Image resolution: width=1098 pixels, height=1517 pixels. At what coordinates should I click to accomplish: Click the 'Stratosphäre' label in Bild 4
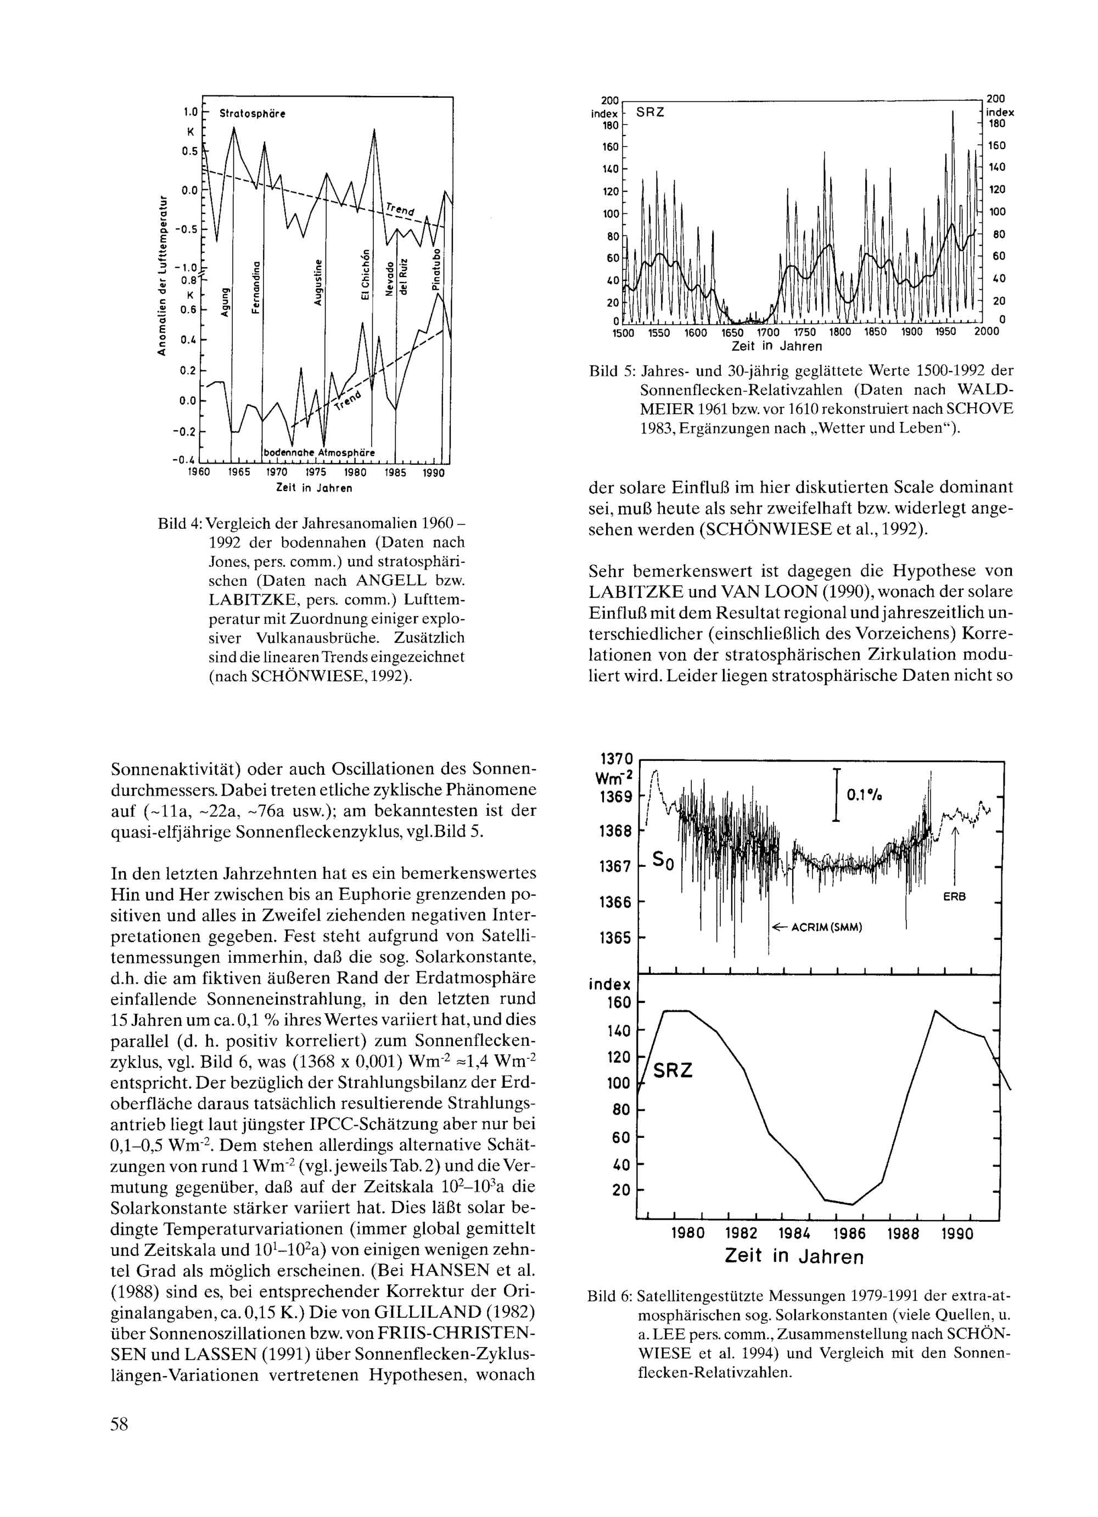pyautogui.click(x=252, y=114)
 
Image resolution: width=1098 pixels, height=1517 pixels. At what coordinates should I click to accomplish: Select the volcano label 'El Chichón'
pyautogui.click(x=365, y=275)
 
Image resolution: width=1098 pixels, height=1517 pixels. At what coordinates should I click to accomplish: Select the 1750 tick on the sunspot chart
pyautogui.click(x=802, y=332)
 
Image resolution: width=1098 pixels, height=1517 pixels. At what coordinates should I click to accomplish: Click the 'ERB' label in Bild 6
pyautogui.click(x=955, y=897)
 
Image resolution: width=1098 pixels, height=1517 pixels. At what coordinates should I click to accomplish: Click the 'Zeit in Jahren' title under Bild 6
pyautogui.click(x=793, y=1256)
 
